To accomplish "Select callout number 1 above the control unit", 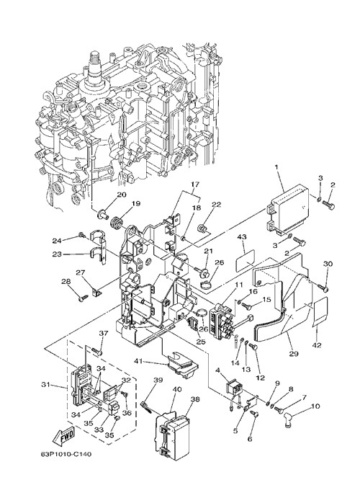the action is pyautogui.click(x=276, y=166).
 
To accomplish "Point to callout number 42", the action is pyautogui.click(x=318, y=345).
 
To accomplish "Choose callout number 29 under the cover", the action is pyautogui.click(x=293, y=353).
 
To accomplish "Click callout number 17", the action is pyautogui.click(x=194, y=184).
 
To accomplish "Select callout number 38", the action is pyautogui.click(x=195, y=399).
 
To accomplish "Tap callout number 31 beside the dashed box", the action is pyautogui.click(x=46, y=385).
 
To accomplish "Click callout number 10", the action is pyautogui.click(x=315, y=406).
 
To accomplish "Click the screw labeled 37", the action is pyautogui.click(x=96, y=351).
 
